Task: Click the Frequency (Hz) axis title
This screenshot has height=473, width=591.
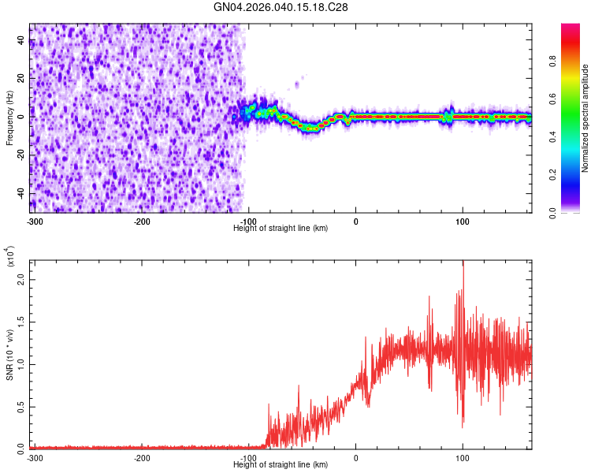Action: [9, 118]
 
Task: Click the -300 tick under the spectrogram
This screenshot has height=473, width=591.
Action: [35, 221]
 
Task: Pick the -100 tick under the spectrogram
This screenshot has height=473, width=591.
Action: [248, 221]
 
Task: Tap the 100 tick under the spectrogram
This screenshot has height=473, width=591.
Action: [463, 221]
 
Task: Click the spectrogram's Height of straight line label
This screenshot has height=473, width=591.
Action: [281, 228]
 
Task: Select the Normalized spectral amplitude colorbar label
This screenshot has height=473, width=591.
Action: [585, 118]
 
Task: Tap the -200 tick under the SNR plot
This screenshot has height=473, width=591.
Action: [142, 457]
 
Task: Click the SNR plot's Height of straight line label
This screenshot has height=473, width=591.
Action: [281, 464]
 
